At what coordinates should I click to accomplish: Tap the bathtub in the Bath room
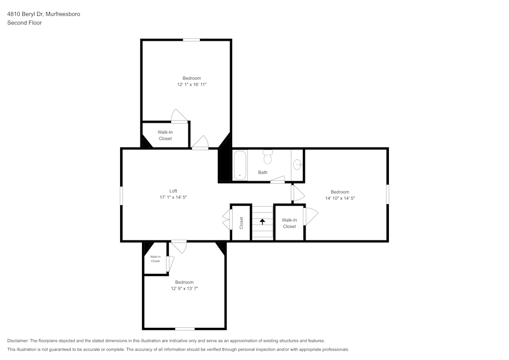click(x=240, y=165)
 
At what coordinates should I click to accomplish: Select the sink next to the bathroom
click(x=298, y=164)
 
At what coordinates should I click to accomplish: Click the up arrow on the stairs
click(x=263, y=221)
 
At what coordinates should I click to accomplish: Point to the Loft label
click(x=173, y=191)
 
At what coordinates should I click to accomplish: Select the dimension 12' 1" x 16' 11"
click(x=192, y=85)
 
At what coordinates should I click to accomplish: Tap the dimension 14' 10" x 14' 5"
click(x=340, y=198)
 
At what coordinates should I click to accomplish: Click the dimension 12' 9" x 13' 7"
click(x=184, y=288)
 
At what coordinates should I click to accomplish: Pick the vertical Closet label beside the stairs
click(x=241, y=223)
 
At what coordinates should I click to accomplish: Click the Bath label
click(x=263, y=172)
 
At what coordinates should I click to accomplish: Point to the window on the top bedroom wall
click(x=191, y=40)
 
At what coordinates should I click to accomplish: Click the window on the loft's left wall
click(x=121, y=196)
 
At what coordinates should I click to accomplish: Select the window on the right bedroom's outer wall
click(x=387, y=195)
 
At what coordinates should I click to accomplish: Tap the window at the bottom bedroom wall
click(x=185, y=328)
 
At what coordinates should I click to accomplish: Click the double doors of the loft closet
click(x=225, y=222)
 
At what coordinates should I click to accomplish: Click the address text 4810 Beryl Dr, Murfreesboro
click(x=43, y=14)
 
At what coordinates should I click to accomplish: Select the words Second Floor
click(x=24, y=23)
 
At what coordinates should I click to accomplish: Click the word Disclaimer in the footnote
click(x=18, y=341)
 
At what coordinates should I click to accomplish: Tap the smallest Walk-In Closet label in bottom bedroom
click(x=155, y=259)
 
